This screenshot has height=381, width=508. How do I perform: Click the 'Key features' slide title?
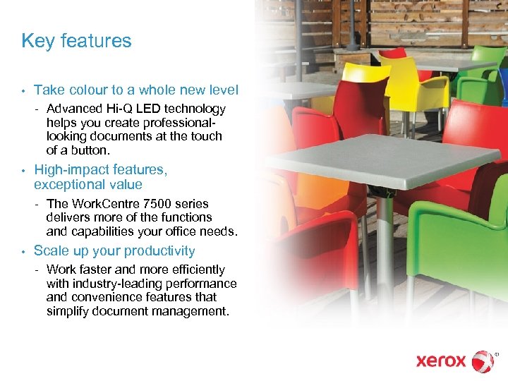[x=76, y=41]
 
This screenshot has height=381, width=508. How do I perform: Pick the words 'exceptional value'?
[x=88, y=185]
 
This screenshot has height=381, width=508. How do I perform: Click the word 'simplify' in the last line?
[x=68, y=311]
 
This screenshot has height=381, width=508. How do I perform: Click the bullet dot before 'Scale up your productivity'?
[x=23, y=252]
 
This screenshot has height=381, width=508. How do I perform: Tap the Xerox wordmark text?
[x=441, y=361]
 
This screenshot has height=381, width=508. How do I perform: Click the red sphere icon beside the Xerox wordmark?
[x=483, y=361]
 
